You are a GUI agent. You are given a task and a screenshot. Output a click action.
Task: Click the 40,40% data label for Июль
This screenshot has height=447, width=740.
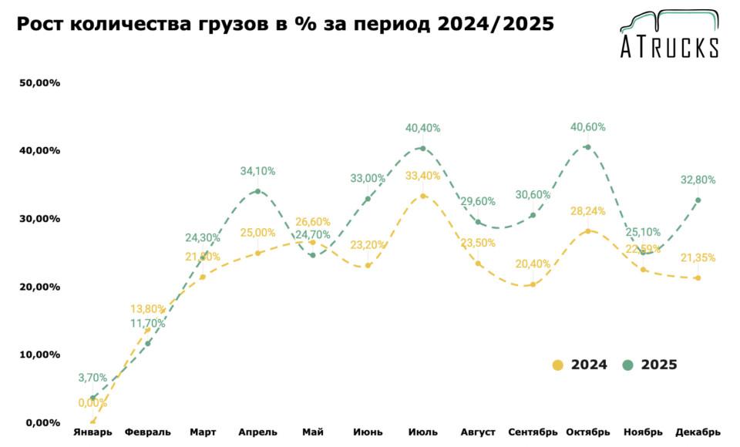[422, 128]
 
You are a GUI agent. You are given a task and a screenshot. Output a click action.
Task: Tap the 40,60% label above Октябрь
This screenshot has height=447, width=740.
[587, 127]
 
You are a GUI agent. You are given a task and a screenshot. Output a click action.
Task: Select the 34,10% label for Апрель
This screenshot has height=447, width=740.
[257, 171]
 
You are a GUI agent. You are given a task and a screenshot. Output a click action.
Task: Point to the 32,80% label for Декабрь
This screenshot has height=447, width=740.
[698, 180]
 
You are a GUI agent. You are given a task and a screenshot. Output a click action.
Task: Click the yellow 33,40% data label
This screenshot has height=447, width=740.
[422, 176]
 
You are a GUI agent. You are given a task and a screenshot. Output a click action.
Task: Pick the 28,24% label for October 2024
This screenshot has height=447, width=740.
[587, 211]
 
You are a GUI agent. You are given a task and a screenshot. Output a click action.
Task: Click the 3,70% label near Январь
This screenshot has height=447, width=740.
[92, 378]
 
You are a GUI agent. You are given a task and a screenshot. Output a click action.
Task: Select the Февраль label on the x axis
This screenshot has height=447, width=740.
[147, 432]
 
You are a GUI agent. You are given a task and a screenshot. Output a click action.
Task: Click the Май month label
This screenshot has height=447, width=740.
[312, 432]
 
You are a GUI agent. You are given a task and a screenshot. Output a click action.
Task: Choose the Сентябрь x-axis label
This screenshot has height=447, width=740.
[533, 432]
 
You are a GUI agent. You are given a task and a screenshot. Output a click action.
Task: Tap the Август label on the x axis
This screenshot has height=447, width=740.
[477, 432]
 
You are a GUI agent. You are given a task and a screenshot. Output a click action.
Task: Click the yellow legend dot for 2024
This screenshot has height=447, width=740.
[558, 365]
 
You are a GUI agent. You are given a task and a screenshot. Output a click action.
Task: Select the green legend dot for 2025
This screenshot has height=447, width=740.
[628, 365]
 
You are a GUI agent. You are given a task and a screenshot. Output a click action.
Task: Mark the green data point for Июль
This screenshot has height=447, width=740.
[422, 149]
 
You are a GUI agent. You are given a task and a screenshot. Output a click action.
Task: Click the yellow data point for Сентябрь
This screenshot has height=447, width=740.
[533, 284]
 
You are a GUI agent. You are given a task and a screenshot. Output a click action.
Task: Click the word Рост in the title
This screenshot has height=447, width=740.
[40, 25]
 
